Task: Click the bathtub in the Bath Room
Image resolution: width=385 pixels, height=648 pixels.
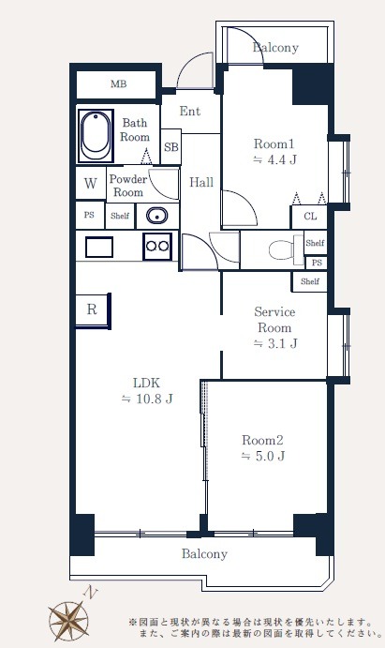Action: coord(96,135)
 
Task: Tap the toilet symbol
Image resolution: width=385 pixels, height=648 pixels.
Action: coord(286,249)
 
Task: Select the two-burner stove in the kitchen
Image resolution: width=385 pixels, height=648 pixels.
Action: coord(157,246)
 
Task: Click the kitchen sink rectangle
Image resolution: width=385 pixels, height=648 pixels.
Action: coord(99,248)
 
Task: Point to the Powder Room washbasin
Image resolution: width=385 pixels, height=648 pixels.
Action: coord(156,216)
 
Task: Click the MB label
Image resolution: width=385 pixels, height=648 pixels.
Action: coord(118,84)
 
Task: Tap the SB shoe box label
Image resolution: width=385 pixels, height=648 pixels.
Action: coord(171,146)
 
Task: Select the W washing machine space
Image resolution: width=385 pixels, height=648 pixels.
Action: coord(91,183)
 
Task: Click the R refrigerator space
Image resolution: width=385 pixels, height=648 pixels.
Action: coord(93,310)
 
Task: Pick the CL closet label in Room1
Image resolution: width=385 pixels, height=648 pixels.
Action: coord(310,216)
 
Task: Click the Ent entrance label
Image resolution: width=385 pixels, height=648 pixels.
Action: coord(190,112)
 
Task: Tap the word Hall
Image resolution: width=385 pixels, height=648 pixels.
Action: coord(201,182)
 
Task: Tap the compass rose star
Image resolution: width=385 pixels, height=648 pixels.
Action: coord(68,621)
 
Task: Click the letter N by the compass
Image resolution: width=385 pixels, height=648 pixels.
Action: coord(90,594)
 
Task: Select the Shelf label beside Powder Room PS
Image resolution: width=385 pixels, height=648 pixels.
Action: coord(120,216)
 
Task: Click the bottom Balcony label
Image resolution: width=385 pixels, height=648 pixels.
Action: coord(204,554)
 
